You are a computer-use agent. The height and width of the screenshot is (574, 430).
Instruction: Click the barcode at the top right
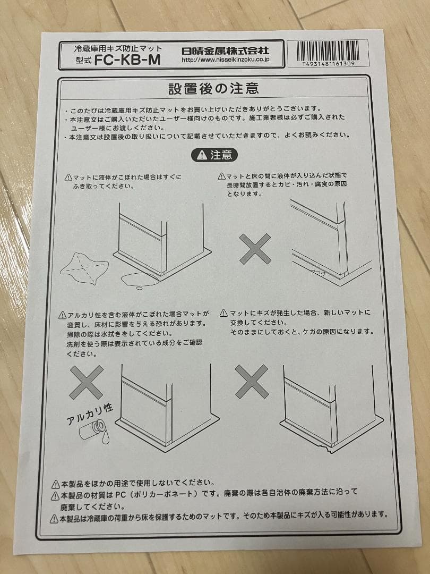tap(328, 51)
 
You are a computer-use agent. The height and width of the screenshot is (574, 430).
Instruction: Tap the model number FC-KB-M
tap(127, 60)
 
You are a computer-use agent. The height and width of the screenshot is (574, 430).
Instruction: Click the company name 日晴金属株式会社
tap(225, 50)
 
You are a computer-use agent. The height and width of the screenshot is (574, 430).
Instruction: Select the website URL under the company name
tap(226, 60)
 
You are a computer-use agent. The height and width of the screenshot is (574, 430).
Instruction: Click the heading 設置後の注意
tap(213, 89)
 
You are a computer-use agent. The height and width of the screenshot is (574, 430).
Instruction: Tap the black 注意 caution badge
tap(214, 155)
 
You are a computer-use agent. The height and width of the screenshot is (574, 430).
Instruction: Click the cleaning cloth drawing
tap(84, 269)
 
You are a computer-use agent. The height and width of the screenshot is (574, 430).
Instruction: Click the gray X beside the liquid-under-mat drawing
tap(255, 249)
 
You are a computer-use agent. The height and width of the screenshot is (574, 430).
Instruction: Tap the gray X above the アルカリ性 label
tap(87, 382)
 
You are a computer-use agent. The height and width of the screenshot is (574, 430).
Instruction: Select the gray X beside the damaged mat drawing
tap(252, 382)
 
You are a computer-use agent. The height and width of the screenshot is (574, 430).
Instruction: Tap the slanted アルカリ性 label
tap(90, 414)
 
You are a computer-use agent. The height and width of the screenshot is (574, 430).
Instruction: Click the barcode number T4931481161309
tap(328, 64)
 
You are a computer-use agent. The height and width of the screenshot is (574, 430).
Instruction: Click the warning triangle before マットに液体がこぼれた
tap(68, 178)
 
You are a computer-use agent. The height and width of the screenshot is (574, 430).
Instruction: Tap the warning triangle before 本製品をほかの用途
tap(56, 485)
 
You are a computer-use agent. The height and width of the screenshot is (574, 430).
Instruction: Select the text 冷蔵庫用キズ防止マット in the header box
tap(118, 48)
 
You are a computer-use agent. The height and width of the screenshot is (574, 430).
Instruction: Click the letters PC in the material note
tap(121, 495)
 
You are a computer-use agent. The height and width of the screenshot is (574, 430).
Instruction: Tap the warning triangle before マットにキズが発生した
tap(224, 313)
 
